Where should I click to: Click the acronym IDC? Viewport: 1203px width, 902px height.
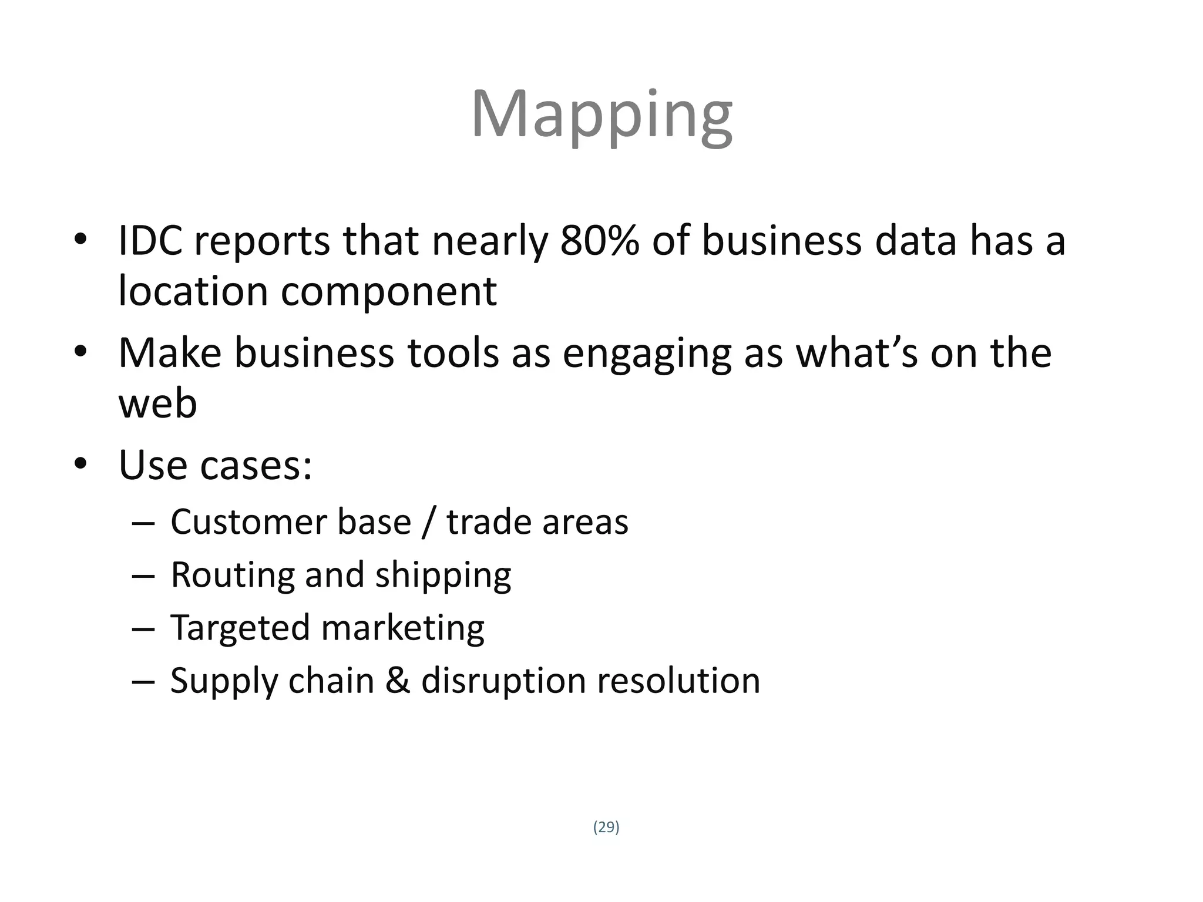[150, 241]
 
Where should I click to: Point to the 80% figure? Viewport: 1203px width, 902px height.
[599, 241]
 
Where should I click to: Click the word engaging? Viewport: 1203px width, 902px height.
[647, 355]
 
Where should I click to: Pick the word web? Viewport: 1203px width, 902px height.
[157, 404]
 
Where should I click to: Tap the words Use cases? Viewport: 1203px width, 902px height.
[215, 465]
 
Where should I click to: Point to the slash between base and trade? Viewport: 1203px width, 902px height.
[428, 522]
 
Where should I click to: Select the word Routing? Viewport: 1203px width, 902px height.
[232, 575]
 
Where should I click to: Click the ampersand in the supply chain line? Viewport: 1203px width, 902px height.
[398, 681]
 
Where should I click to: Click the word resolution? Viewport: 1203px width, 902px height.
[678, 681]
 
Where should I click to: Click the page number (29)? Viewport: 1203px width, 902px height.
[606, 827]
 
